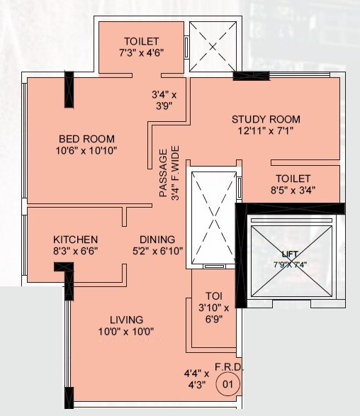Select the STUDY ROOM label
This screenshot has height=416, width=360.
pos(266,119)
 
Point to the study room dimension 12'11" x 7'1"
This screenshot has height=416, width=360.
pos(266,131)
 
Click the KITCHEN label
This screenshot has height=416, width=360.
pos(76,240)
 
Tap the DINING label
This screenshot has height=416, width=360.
pos(157,240)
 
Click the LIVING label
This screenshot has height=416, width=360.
pos(126,320)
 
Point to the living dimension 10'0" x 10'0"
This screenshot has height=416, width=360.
pos(126,331)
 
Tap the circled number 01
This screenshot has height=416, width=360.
pos(228,385)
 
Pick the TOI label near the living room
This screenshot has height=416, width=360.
pos(214,296)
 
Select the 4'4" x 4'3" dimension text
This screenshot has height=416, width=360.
pos(196,378)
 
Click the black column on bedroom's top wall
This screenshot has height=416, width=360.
pos(69,89)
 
